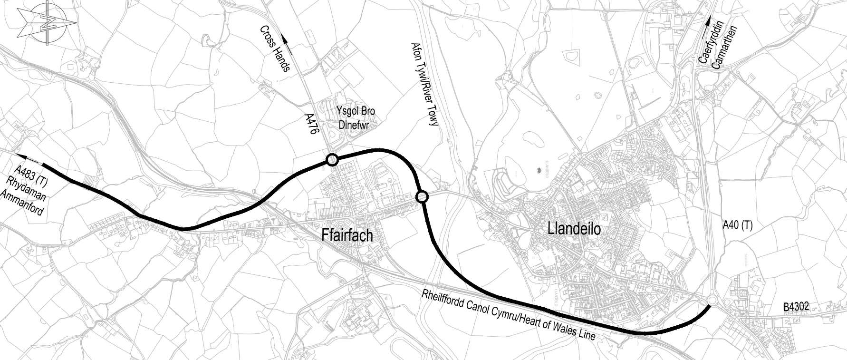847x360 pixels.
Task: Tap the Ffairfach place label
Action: (x=347, y=236)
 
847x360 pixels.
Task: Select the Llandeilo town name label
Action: (x=574, y=229)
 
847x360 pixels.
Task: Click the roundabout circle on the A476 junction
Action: (x=332, y=160)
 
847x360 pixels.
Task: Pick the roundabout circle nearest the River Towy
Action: (x=422, y=196)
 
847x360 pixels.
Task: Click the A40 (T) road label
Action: (x=737, y=225)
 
